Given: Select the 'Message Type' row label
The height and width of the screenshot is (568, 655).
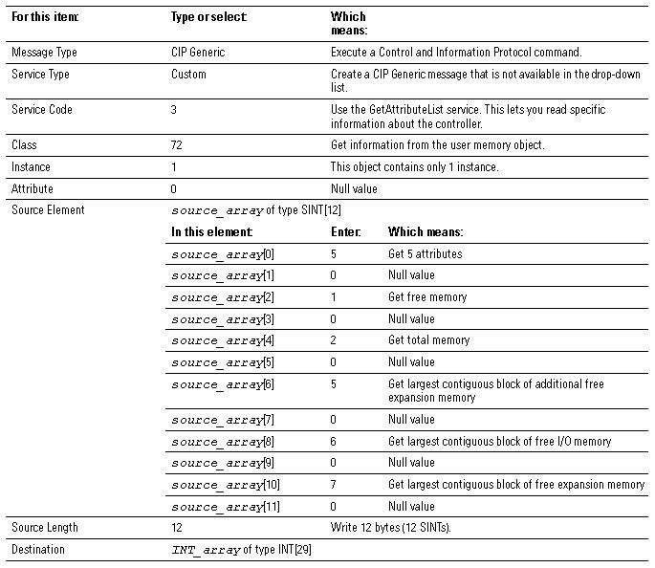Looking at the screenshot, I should pos(43,53).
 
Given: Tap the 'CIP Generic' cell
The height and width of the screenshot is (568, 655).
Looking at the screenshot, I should pos(198,53).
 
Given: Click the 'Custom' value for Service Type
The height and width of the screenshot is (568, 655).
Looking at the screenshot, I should pos(188,75).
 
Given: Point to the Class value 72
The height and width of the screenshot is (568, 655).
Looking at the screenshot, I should pos(177,145).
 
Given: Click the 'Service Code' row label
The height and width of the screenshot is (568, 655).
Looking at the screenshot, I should pos(41,110).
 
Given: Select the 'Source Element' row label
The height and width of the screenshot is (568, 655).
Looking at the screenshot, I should pos(48,210).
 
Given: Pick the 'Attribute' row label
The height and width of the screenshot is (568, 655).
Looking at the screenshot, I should pos(33,189).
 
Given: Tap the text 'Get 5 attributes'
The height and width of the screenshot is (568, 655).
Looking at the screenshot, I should pos(425,254).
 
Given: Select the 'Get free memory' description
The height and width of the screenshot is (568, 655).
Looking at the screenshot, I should pos(427,297).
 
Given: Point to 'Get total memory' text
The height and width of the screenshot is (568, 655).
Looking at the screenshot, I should pos(429,340).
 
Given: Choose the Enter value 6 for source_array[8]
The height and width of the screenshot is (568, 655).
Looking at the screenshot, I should pos(334,442).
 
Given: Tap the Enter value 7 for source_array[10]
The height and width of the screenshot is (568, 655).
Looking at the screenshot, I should pos(334,485).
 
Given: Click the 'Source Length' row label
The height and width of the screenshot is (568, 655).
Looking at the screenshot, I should pos(45,528).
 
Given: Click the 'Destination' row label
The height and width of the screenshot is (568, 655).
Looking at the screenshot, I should pos(38,550).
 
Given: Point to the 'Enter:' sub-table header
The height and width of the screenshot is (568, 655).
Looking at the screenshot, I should pos(345,232).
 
